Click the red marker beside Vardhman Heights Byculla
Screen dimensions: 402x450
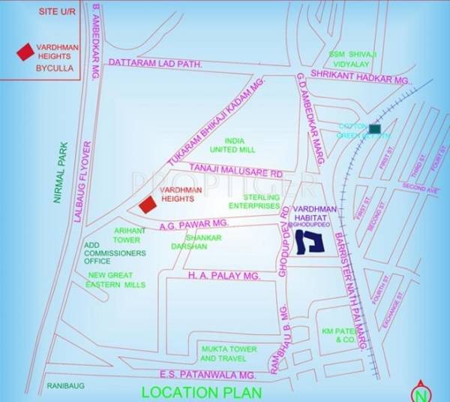[25, 51]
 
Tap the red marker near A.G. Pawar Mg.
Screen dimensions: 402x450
[148, 204]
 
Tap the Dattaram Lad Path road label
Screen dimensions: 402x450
[156, 65]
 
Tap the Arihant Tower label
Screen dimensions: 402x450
[127, 234]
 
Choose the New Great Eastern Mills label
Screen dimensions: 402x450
[116, 280]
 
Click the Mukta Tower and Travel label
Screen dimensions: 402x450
[229, 353]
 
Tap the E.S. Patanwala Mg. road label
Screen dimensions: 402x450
[208, 374]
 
